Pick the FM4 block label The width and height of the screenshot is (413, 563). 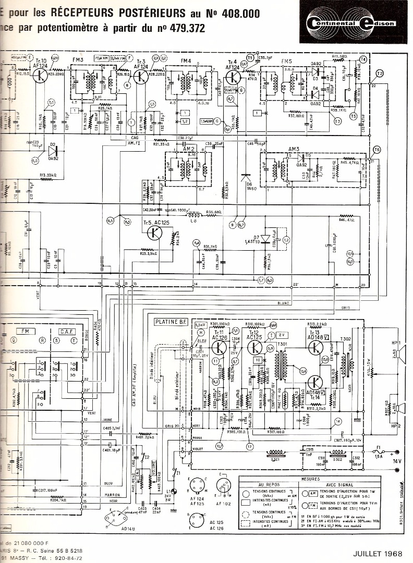pos(186,61)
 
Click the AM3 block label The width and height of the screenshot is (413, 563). pos(293,149)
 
